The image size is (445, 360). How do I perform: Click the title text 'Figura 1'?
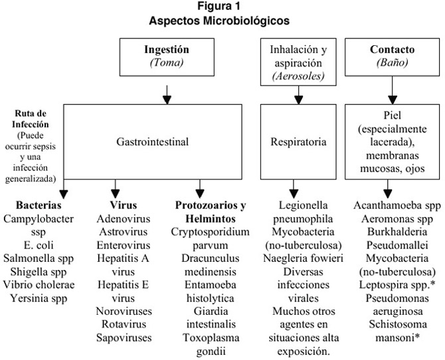point(219,6)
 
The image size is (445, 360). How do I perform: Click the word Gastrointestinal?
point(152,141)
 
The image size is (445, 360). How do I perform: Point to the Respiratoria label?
point(298,141)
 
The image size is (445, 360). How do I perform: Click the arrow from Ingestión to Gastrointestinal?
point(167,95)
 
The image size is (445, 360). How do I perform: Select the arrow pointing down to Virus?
point(115,189)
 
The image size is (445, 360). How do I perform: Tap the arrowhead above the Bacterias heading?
point(64,194)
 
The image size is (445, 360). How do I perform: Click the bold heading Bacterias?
point(39,205)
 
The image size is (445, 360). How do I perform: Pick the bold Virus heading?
point(124,205)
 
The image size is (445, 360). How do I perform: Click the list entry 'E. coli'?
point(39,245)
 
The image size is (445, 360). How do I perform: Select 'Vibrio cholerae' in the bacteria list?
point(39,285)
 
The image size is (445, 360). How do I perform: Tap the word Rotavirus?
point(124,324)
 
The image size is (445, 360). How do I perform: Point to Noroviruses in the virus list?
point(124,311)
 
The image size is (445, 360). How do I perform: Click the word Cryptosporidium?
point(210,232)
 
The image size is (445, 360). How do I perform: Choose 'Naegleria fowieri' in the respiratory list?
point(303,258)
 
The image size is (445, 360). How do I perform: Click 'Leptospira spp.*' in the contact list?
point(397,285)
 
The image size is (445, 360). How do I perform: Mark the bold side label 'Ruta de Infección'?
point(31,119)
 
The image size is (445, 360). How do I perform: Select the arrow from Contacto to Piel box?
point(393,90)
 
